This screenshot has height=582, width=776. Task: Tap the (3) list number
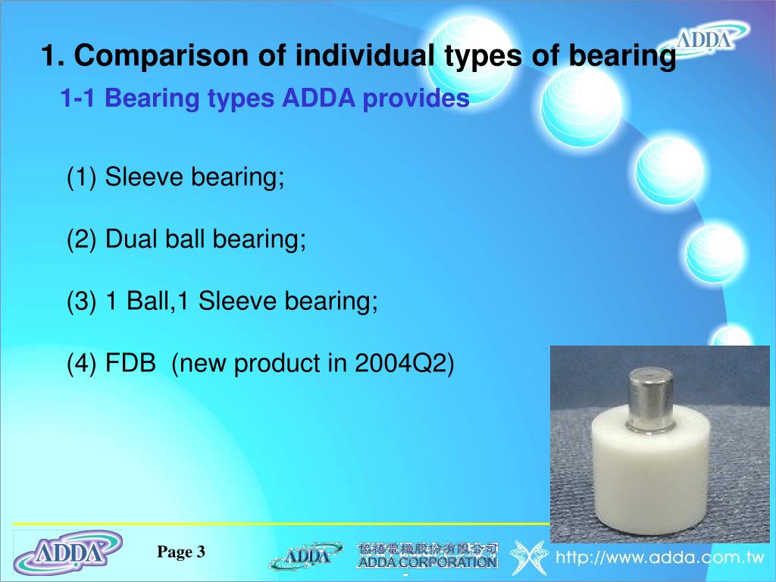click(82, 302)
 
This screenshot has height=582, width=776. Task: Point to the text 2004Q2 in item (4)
click(404, 364)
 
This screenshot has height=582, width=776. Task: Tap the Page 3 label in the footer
click(181, 552)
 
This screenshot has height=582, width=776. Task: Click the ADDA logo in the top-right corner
click(704, 38)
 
